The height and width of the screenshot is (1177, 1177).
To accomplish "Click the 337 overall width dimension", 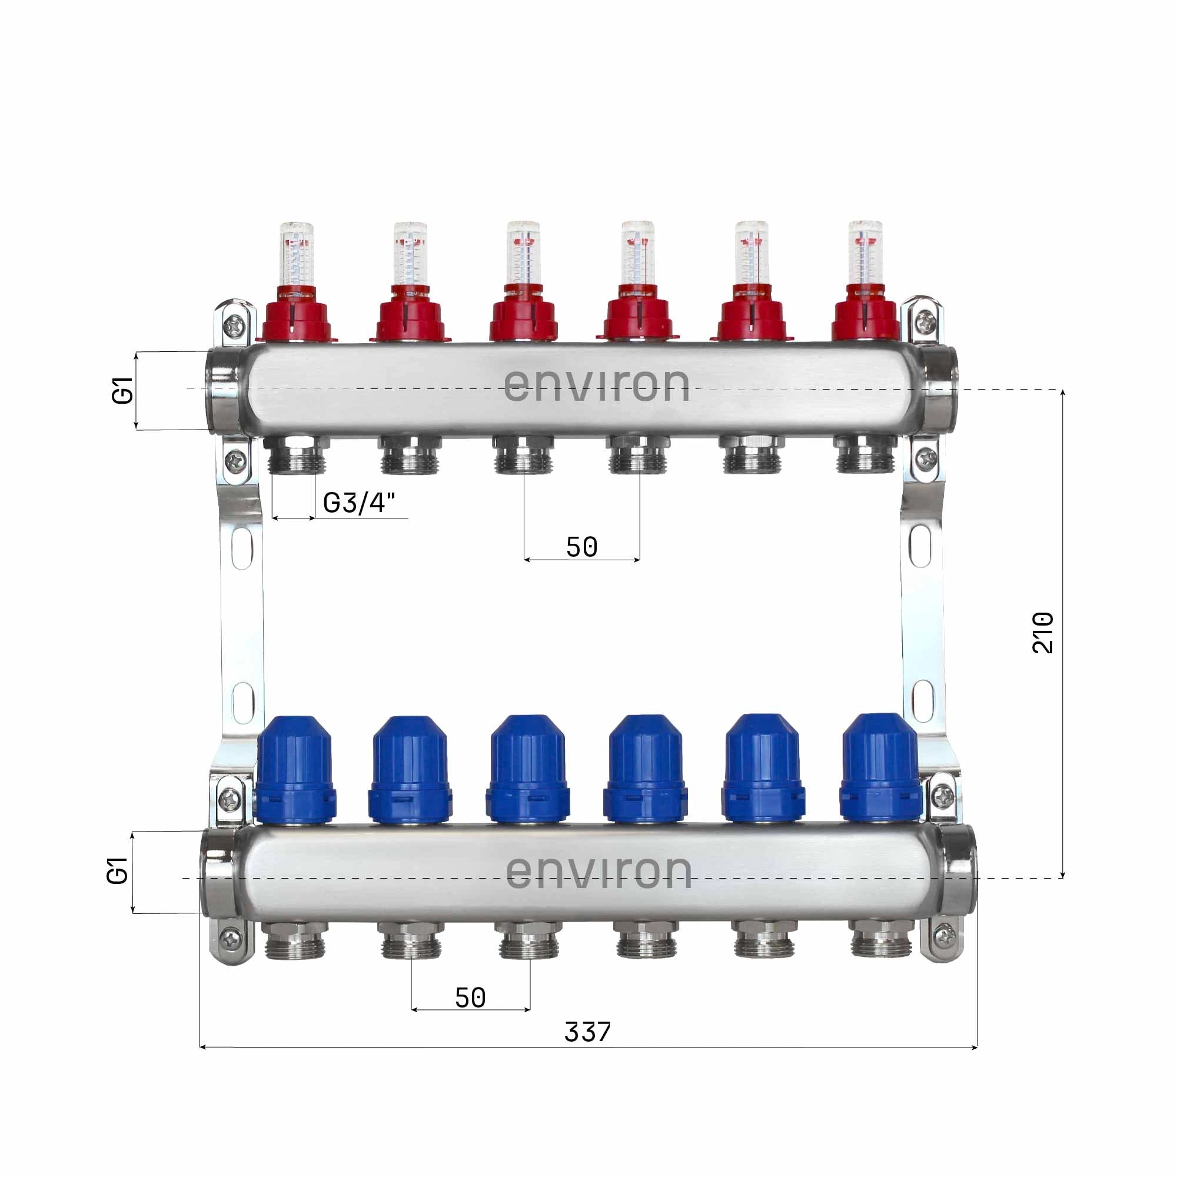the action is click(587, 1032).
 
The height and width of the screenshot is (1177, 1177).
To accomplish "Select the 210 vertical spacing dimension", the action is click(1042, 633).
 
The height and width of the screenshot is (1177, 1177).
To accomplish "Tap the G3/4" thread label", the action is click(359, 503).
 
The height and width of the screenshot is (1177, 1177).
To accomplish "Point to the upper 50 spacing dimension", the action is click(582, 547).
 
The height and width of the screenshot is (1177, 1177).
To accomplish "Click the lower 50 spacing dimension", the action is click(470, 998).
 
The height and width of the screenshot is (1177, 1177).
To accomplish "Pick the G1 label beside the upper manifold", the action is click(123, 391).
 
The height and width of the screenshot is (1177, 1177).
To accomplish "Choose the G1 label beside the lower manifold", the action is click(118, 870).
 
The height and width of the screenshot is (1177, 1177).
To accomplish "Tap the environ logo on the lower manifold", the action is click(599, 871).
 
